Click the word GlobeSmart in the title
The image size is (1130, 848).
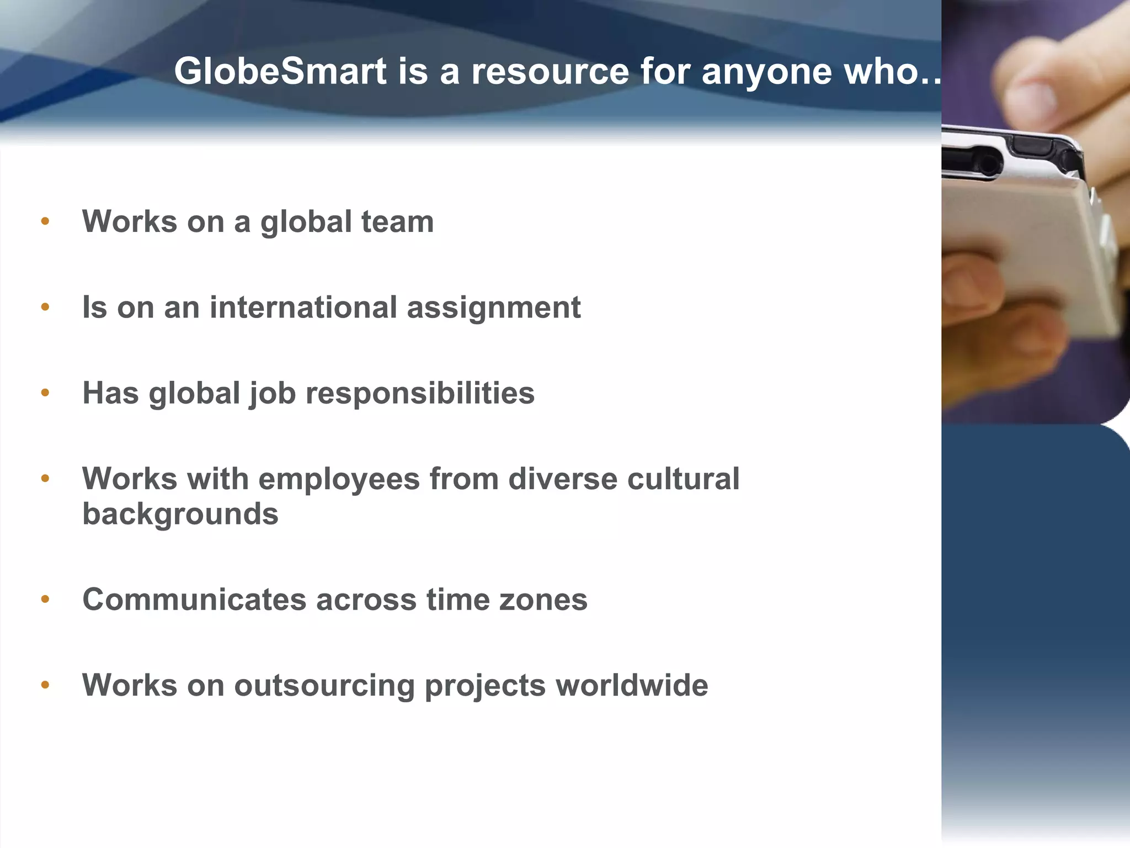[280, 72]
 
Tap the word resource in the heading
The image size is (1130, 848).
[550, 72]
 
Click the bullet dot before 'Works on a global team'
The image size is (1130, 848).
[45, 222]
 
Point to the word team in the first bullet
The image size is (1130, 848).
[397, 222]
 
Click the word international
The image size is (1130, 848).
[303, 308]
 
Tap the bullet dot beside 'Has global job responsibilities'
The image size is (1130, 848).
[45, 393]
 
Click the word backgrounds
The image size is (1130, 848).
[180, 515]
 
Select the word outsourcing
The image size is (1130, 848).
[324, 686]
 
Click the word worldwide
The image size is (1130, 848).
[632, 685]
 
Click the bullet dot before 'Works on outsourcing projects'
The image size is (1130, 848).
[45, 686]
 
